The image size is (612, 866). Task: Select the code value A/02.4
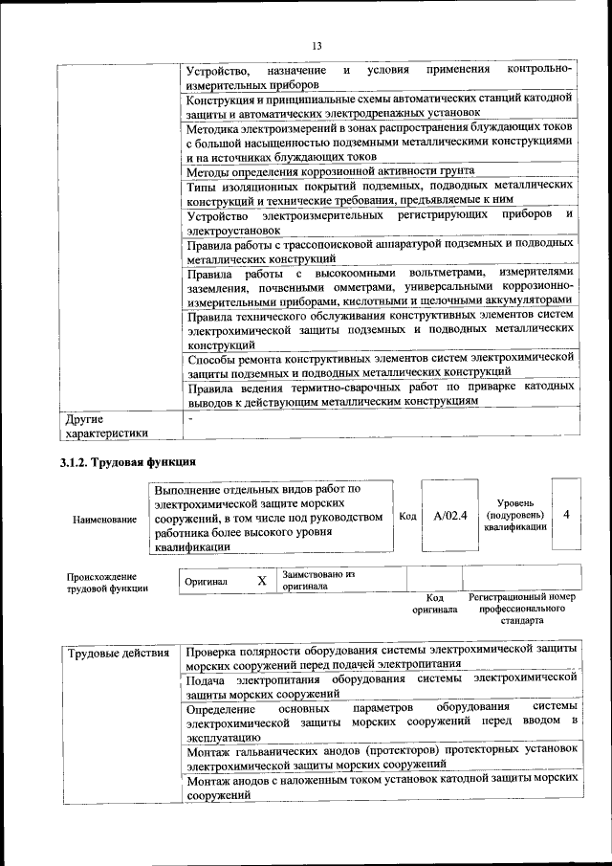point(448,516)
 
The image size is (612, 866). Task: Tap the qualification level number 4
point(566,515)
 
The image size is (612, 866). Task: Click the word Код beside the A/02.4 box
point(407,516)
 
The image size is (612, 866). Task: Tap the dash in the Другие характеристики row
point(190,419)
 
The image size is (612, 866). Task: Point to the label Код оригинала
point(434,603)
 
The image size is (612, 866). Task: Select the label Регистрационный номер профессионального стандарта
point(521,608)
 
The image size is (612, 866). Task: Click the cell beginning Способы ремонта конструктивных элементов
point(380,365)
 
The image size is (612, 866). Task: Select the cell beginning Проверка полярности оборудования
point(380,655)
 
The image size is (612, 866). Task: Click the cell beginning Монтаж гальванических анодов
point(380,759)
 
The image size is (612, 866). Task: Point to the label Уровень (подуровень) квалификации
point(514,515)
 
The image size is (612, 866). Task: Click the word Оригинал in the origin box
point(207,581)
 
